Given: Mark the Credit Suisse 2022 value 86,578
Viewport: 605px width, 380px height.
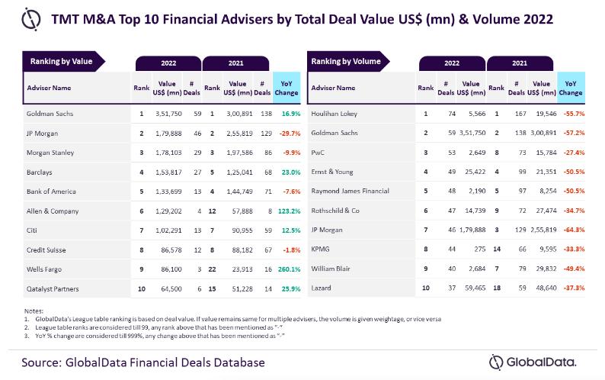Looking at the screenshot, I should [166, 250].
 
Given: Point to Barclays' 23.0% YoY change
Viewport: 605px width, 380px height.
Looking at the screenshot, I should [287, 172].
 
